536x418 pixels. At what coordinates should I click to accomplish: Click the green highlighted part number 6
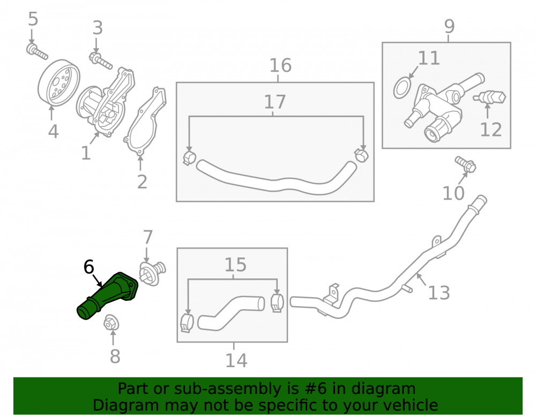point(107,295)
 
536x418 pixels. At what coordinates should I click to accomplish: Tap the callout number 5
point(33,19)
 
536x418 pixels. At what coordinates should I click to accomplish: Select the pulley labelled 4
point(58,83)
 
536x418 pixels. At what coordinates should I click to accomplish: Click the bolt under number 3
point(101,60)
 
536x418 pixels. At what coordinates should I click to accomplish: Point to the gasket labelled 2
point(145,122)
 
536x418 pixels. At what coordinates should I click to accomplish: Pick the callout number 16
point(280,65)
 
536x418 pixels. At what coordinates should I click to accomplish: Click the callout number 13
point(439,293)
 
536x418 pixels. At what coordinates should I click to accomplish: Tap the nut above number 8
point(111,322)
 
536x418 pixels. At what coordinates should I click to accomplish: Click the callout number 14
point(236,360)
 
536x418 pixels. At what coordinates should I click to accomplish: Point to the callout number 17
point(275,102)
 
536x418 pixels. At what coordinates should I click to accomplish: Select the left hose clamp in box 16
point(189,157)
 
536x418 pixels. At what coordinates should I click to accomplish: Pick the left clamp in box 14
point(187,322)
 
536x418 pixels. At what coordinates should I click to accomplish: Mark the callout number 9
point(449,26)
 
